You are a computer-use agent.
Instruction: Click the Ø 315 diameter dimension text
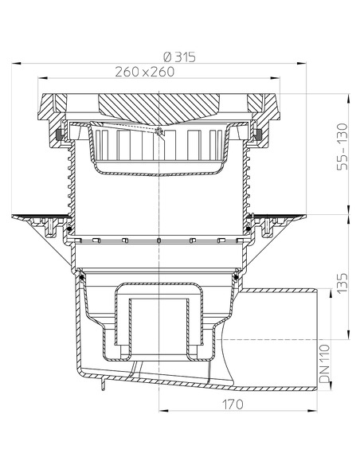click(x=179, y=56)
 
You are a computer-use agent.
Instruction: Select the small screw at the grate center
click(x=160, y=132)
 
